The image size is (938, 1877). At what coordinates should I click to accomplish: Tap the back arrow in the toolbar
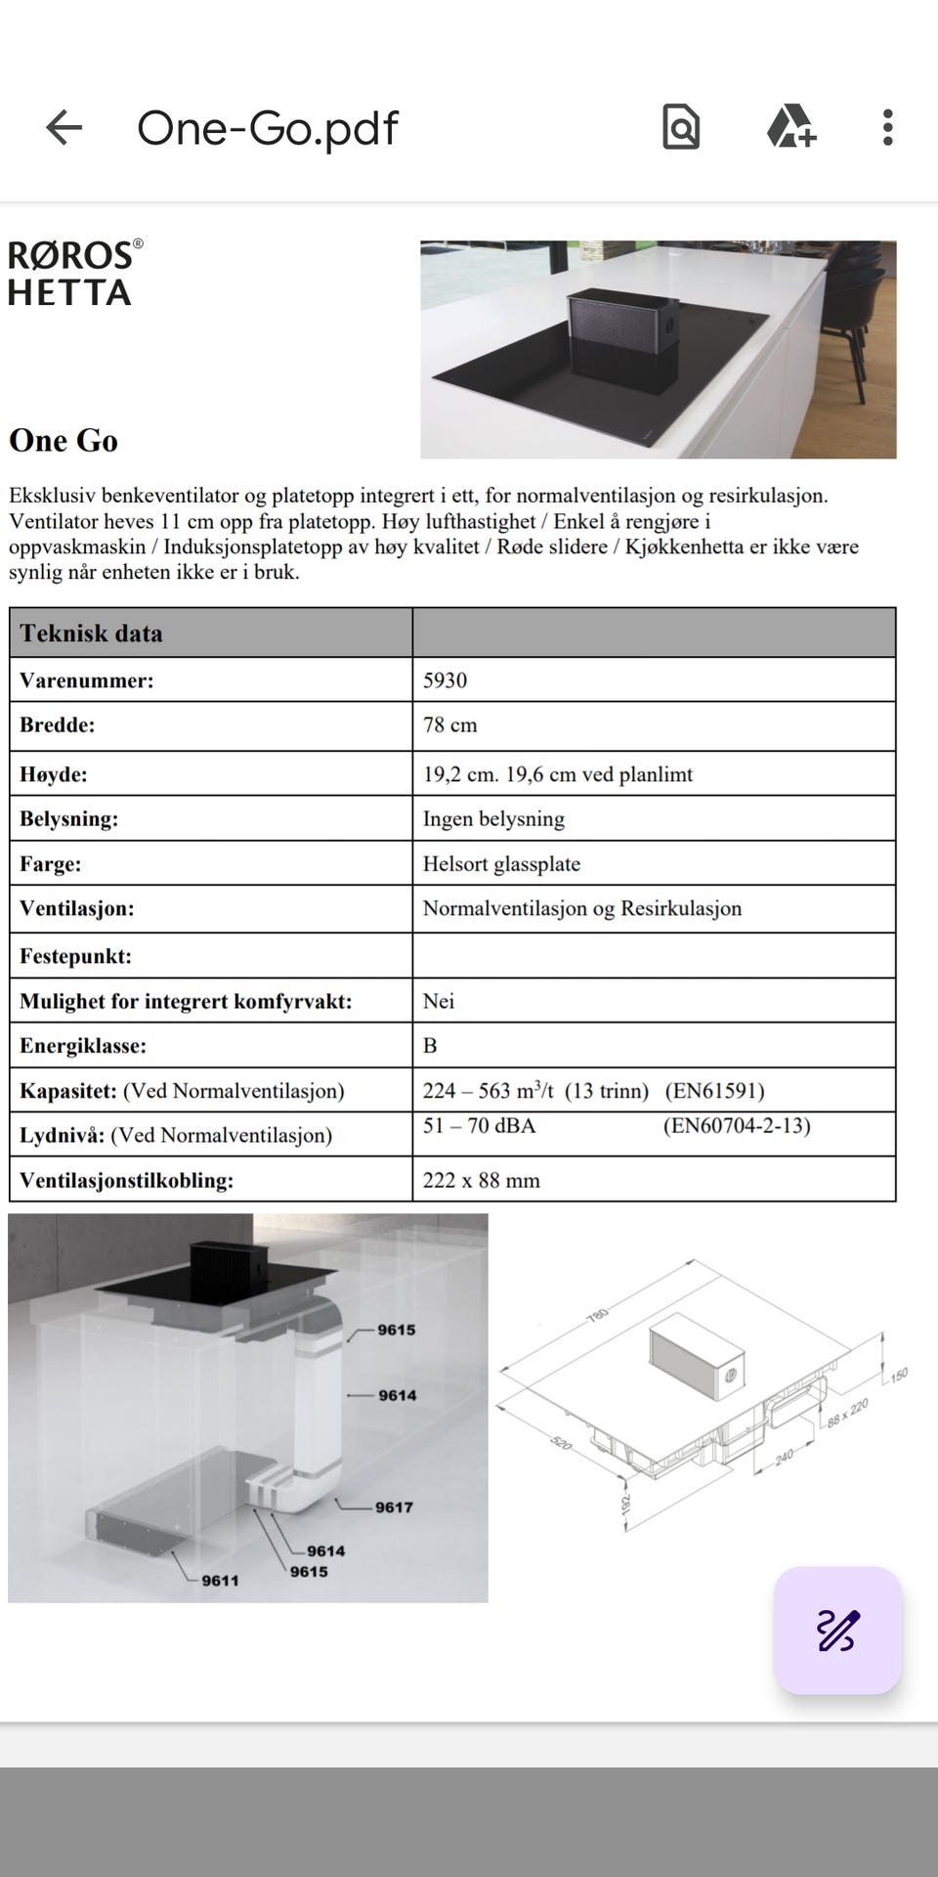[64, 127]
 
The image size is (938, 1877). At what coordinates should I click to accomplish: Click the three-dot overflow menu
[887, 127]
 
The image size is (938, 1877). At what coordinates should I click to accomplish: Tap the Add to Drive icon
[790, 127]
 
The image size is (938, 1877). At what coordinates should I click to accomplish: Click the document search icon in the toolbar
[681, 127]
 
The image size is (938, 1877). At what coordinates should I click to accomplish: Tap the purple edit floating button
[837, 1630]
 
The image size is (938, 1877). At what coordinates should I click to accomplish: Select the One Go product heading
[64, 441]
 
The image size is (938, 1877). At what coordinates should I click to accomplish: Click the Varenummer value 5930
[445, 680]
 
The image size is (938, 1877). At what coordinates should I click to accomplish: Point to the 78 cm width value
[449, 725]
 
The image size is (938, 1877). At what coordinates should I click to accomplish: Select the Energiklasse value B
[430, 1046]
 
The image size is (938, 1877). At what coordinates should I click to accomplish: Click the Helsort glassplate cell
[501, 864]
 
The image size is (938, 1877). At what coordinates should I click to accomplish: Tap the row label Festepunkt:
[75, 956]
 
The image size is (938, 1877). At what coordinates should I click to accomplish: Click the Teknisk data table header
[91, 633]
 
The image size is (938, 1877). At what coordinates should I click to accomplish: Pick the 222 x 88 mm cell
[481, 1180]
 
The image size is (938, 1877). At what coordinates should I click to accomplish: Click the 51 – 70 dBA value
[479, 1126]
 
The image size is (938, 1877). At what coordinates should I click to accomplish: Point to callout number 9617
[394, 1507]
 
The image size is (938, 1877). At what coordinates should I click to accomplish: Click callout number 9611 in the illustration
[220, 1581]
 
